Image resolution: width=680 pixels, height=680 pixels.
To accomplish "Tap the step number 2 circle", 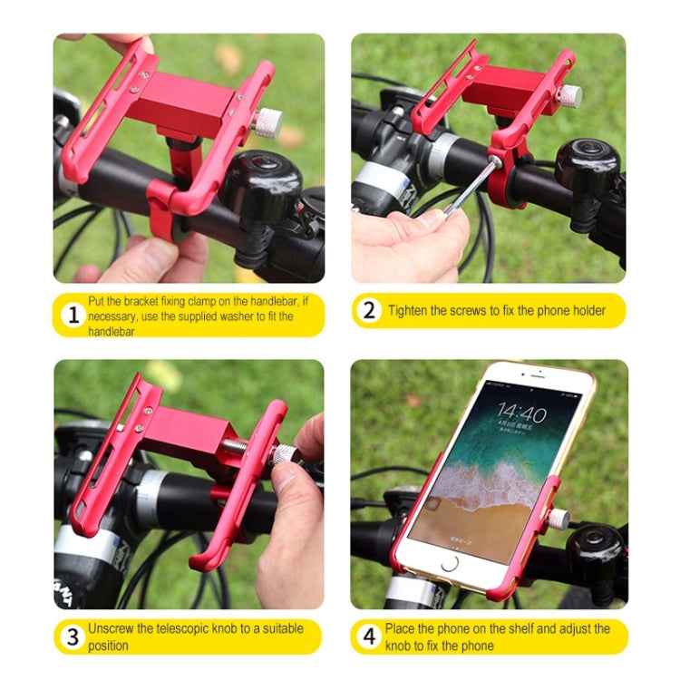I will (x=368, y=310).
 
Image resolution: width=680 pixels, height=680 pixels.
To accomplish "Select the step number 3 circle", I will (x=73, y=636).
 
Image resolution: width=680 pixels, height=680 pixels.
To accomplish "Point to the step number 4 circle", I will (x=368, y=636).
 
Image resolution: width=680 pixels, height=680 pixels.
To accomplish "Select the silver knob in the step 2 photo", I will (x=568, y=94).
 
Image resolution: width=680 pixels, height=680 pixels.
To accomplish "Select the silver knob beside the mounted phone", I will (x=559, y=519).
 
